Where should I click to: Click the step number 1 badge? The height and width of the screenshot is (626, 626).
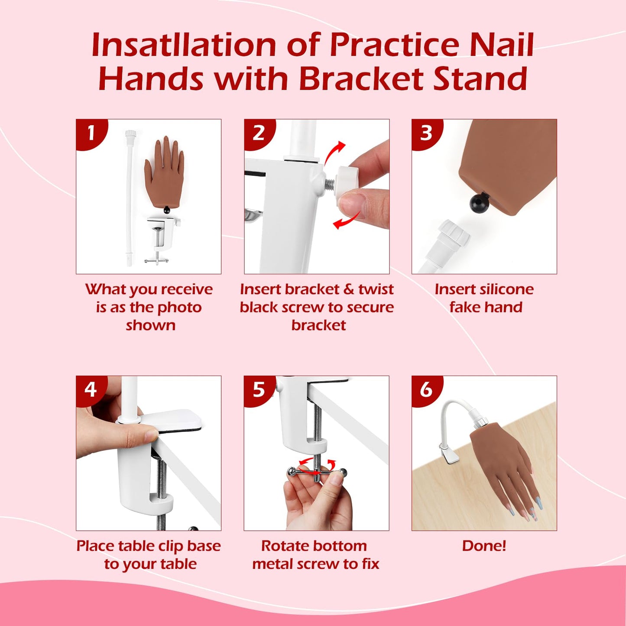click(x=91, y=133)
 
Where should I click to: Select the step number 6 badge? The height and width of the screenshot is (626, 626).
click(x=426, y=389)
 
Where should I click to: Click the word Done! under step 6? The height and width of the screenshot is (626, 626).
click(x=484, y=545)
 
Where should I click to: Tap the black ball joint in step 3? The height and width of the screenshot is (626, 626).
click(x=479, y=202)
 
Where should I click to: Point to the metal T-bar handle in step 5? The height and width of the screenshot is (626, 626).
click(x=317, y=473)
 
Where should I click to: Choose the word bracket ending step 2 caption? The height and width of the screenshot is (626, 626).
click(x=318, y=325)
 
